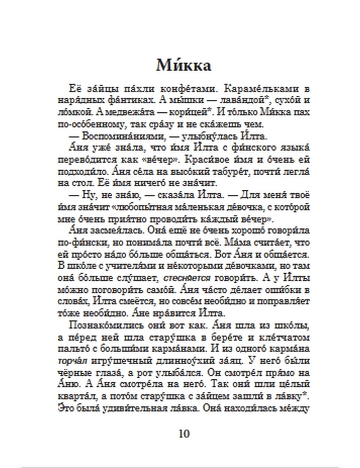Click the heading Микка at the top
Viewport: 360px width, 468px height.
(184, 66)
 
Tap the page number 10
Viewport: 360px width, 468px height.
(184, 434)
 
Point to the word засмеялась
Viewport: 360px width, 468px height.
(104, 231)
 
